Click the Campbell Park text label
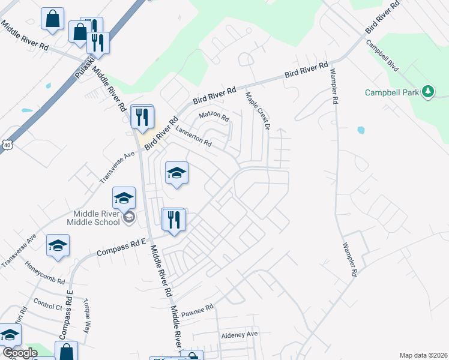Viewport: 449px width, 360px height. (392, 92)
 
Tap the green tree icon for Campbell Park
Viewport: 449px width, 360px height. (428, 92)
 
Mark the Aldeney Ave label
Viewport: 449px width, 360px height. (239, 334)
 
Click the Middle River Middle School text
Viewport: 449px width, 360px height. (97, 217)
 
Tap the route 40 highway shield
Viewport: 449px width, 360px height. (7, 145)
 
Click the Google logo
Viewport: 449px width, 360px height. (19, 353)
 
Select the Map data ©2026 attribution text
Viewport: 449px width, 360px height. (423, 355)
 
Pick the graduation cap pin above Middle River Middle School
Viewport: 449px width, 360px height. (124, 197)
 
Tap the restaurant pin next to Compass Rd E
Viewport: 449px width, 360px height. (173, 219)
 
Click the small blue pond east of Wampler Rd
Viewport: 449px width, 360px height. (360, 130)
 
